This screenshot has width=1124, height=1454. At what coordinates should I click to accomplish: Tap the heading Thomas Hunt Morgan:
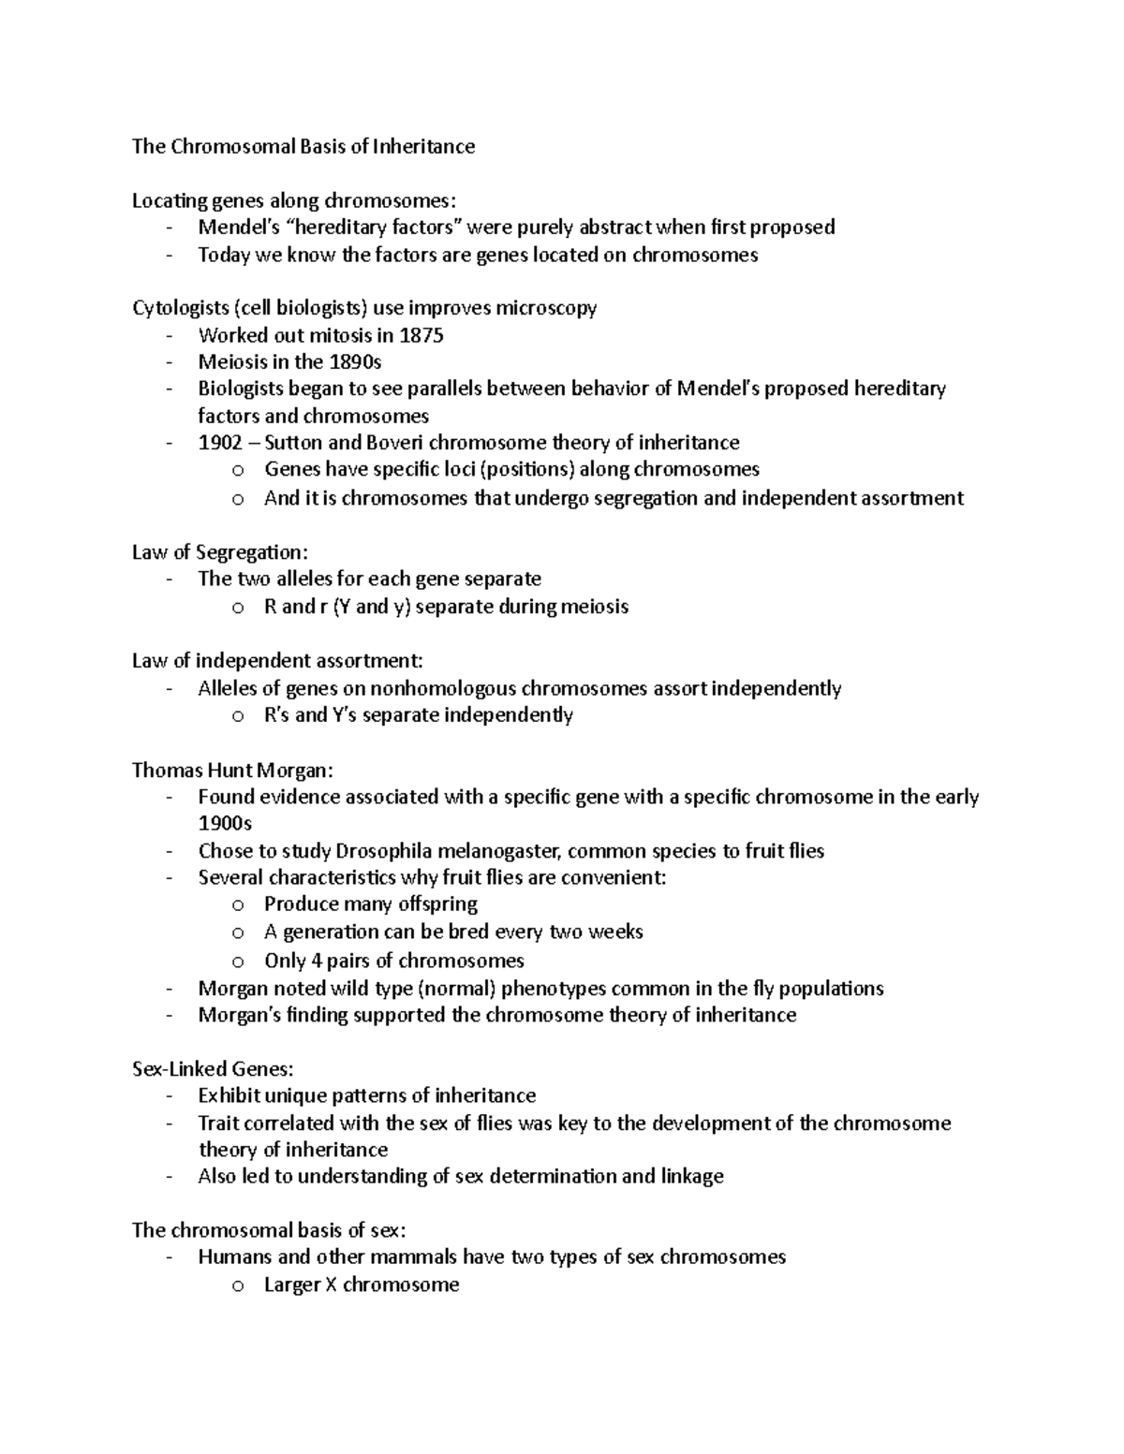(232, 771)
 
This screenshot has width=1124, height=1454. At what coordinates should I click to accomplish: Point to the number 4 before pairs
(315, 961)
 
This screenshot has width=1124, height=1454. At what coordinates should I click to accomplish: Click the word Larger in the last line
(291, 1285)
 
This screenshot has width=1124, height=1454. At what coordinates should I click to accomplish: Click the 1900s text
(225, 824)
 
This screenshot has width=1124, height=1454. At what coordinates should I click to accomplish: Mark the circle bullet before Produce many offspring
(238, 905)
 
